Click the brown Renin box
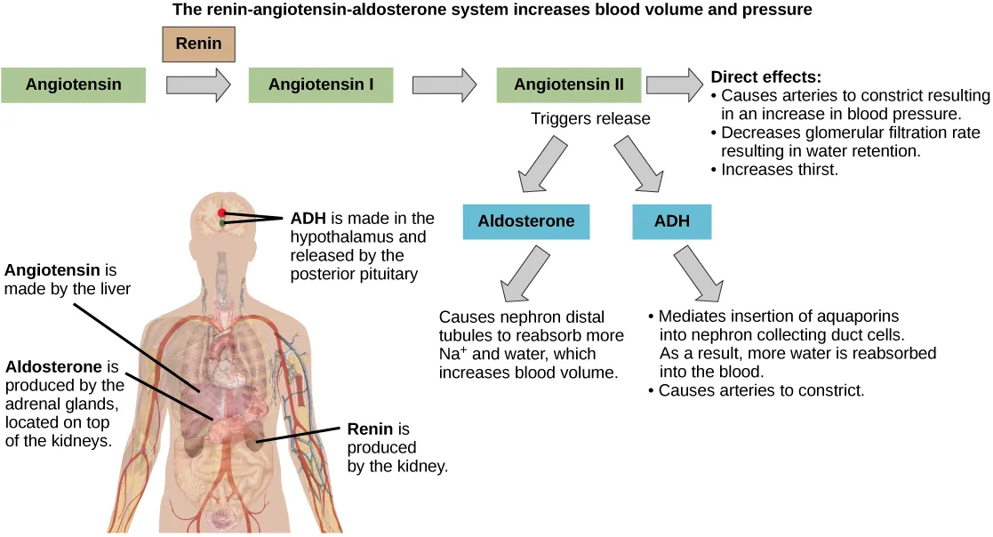pos(199,44)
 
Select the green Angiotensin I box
pos(320,85)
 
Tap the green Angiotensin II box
pos(569,85)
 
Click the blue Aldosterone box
pos(526,221)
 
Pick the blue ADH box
pos(672,221)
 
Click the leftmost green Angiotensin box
pos(73,85)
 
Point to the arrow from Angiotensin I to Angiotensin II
pos(443,85)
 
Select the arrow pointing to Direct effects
pos(674,85)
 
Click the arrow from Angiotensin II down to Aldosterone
pos(544,167)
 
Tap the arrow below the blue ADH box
pos(700,273)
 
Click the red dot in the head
pos(220,213)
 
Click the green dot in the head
pos(221,224)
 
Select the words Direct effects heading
pos(766,77)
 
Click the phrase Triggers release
pos(590,118)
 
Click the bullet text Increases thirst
pos(779,169)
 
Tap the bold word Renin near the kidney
pos(369,429)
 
